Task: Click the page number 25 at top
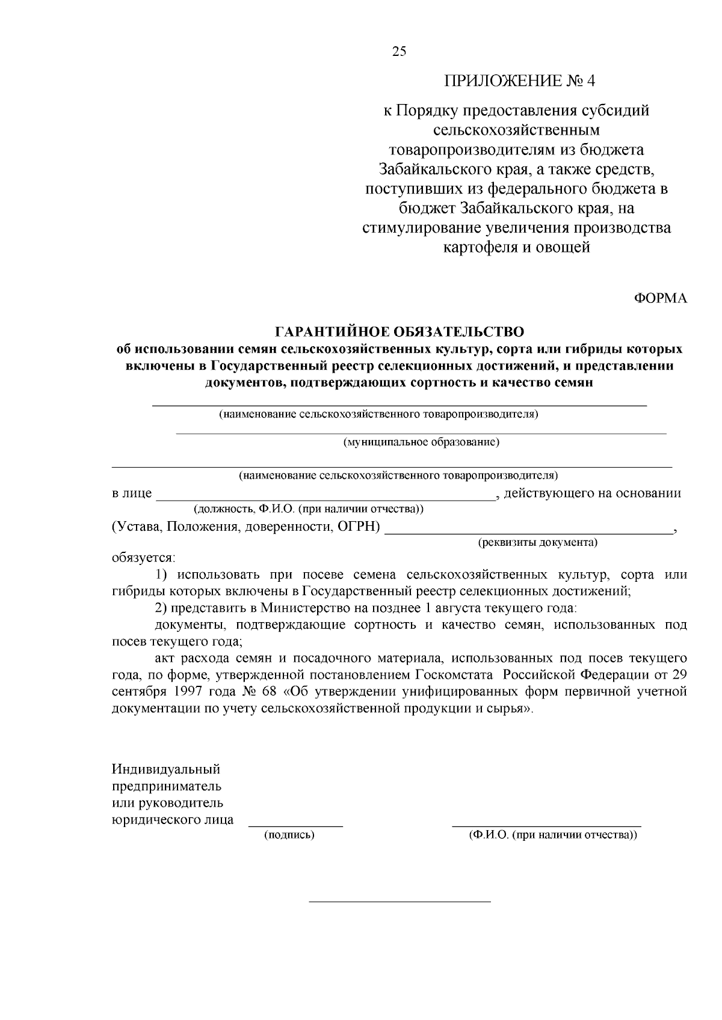pos(400,51)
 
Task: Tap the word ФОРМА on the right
pos(661,299)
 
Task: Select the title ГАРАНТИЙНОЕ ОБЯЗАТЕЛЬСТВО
pos(400,332)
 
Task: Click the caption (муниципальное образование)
pos(421,442)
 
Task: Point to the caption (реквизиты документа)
pos(537,542)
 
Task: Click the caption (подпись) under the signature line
pos(289,835)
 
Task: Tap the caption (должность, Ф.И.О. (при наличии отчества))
pos(308,509)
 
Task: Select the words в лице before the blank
pos(132,494)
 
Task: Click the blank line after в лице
pos(325,499)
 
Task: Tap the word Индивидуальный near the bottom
pos(166,769)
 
